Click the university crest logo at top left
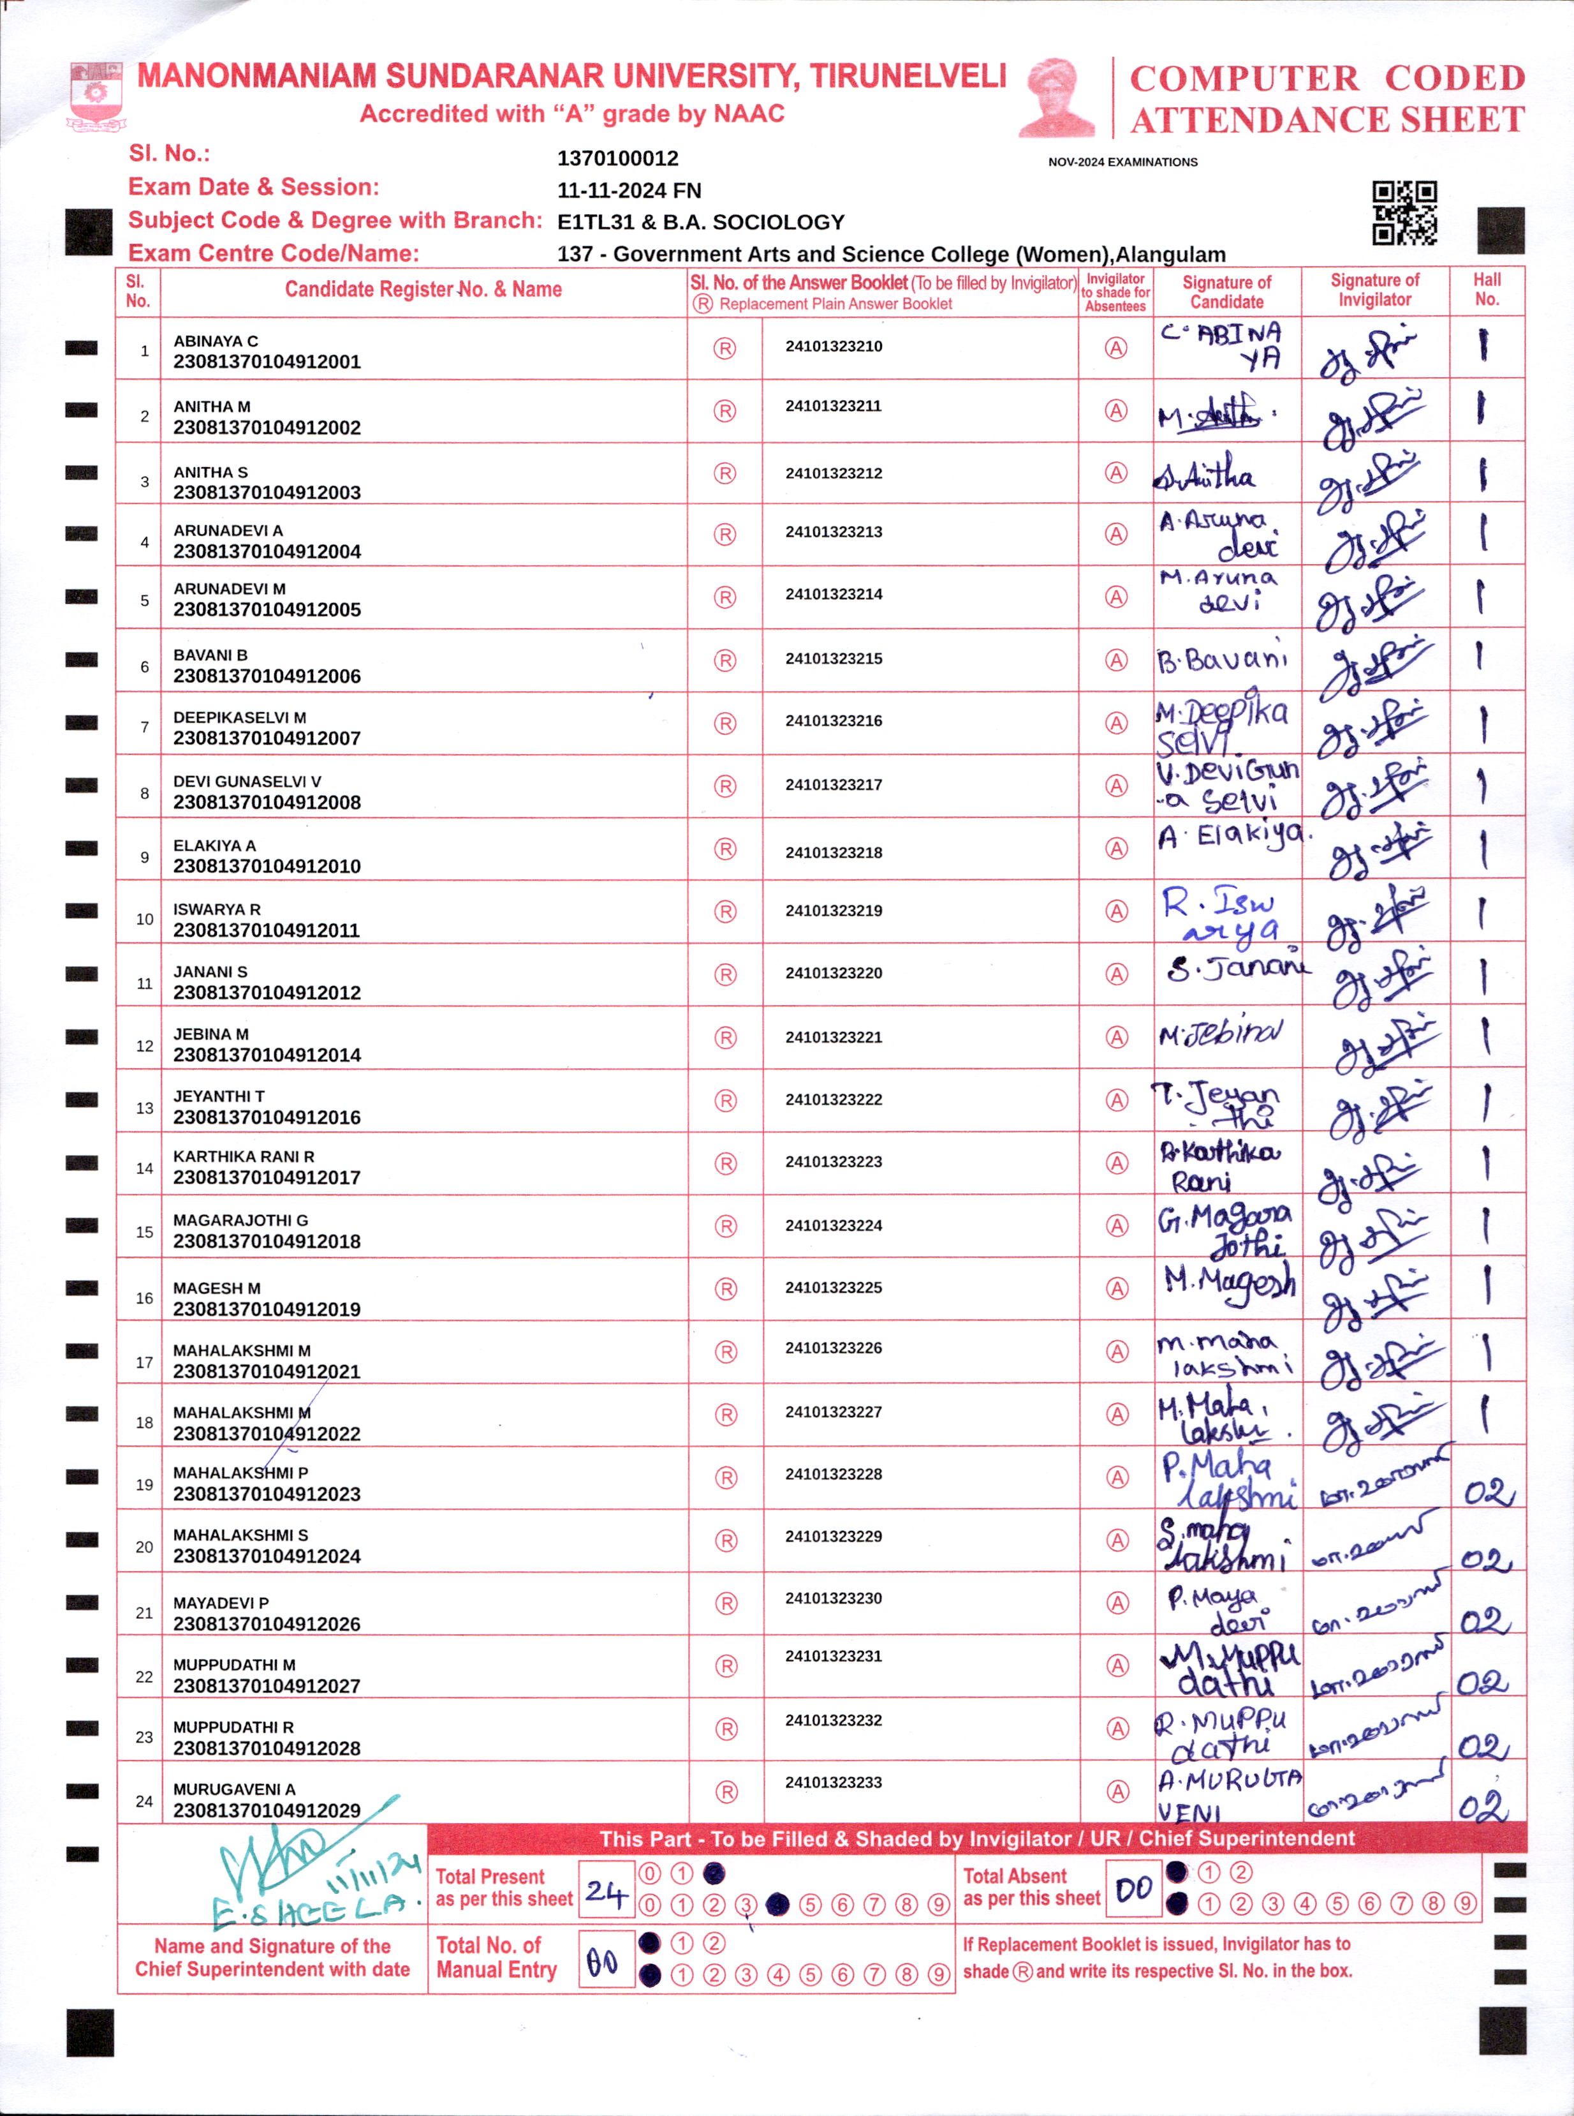[x=95, y=95]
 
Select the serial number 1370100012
[x=617, y=158]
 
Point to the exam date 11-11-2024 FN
[x=629, y=191]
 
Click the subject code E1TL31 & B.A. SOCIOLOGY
[x=700, y=222]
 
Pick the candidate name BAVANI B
[x=210, y=655]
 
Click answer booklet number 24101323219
[x=834, y=910]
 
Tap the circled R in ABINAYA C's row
[x=725, y=349]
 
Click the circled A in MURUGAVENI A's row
[x=1117, y=1791]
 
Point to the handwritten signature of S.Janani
[x=1237, y=969]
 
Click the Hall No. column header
[x=1487, y=289]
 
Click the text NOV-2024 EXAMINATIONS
[x=1122, y=162]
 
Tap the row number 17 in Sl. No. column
[x=144, y=1362]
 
